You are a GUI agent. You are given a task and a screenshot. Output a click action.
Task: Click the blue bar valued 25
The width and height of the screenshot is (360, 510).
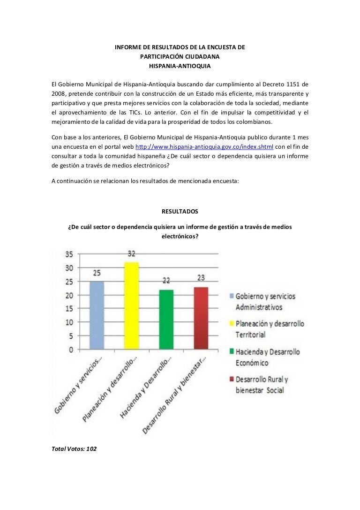pyautogui.click(x=96, y=315)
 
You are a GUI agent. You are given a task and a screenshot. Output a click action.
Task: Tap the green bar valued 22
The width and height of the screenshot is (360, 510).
pyautogui.click(x=166, y=319)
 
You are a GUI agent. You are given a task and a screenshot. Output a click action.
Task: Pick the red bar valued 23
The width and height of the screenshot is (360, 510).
pyautogui.click(x=201, y=318)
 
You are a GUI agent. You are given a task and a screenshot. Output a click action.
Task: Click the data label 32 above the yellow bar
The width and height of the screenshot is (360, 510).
pyautogui.click(x=131, y=254)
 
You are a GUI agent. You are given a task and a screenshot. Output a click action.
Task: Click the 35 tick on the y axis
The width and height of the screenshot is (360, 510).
pyautogui.click(x=68, y=255)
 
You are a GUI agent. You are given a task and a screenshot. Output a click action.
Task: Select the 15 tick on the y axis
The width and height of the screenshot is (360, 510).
pyautogui.click(x=68, y=309)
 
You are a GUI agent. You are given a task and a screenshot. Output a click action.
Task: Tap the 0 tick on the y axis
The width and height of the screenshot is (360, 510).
pyautogui.click(x=71, y=350)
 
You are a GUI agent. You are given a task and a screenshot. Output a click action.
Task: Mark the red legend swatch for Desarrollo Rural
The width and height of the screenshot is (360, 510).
pyautogui.click(x=232, y=380)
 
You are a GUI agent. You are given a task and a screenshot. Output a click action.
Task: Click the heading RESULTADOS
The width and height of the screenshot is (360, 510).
pyautogui.click(x=180, y=212)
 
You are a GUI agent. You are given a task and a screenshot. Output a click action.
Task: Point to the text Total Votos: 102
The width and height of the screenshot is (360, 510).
pyautogui.click(x=74, y=449)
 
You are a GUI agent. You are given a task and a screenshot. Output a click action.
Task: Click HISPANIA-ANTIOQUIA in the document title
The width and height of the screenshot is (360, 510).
pyautogui.click(x=180, y=66)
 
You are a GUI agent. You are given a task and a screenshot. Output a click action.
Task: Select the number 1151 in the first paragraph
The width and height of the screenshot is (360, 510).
pyautogui.click(x=292, y=84)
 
